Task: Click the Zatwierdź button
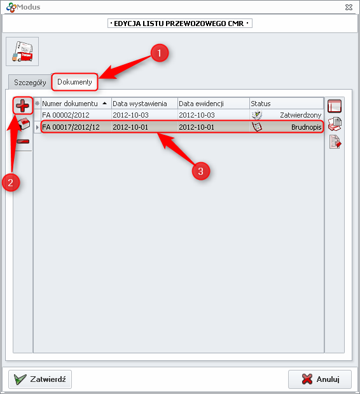coord(40,379)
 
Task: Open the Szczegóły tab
coord(30,83)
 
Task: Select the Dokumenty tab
coord(74,82)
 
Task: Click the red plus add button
coord(23,105)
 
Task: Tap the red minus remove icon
coord(23,142)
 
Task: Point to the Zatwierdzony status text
coord(301,115)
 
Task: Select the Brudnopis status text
coord(306,127)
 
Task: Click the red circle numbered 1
coord(159,53)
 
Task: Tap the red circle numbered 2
coord(11,182)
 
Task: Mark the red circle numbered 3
coord(200,172)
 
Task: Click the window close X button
coord(349,7)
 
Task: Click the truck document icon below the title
coord(22,51)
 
